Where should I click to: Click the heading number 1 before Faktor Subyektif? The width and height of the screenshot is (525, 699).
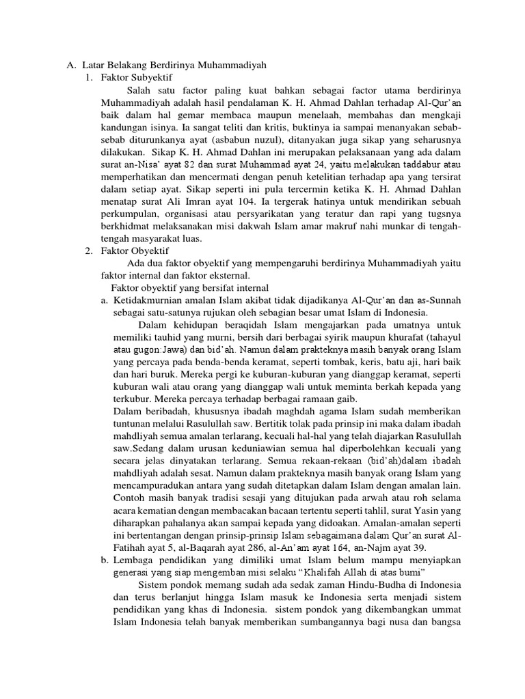[x=89, y=78]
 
